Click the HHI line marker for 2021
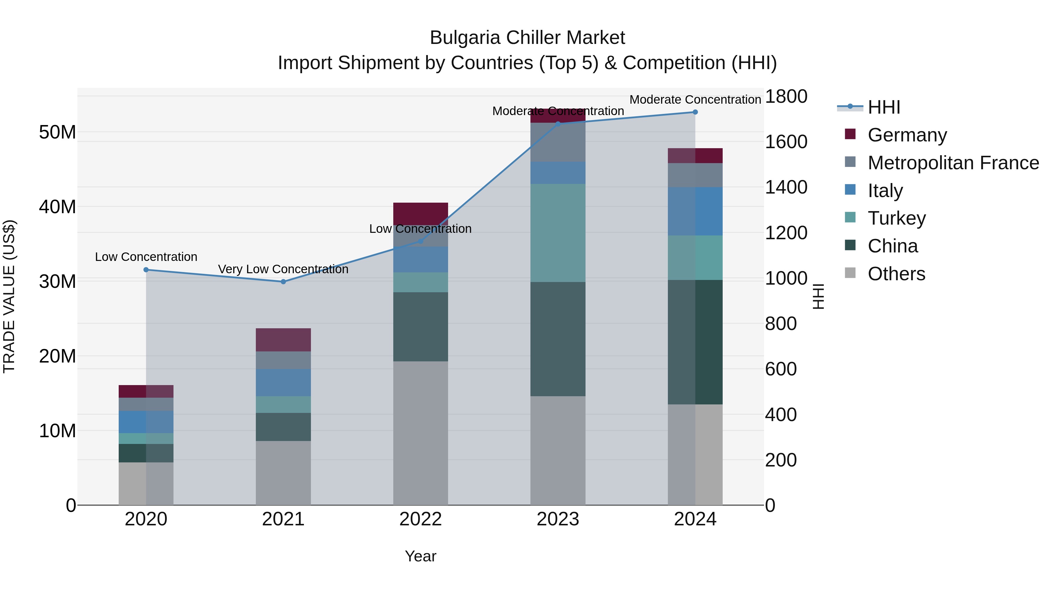(283, 281)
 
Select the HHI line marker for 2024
(695, 112)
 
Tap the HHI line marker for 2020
(146, 270)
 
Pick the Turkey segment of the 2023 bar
(557, 233)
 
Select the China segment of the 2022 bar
(420, 326)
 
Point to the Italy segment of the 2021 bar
(283, 382)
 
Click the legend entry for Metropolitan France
(953, 163)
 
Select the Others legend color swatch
(850, 273)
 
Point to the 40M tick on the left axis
(57, 207)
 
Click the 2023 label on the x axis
(557, 519)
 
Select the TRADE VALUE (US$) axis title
(9, 296)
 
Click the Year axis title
(420, 556)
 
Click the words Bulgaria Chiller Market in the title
(527, 38)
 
